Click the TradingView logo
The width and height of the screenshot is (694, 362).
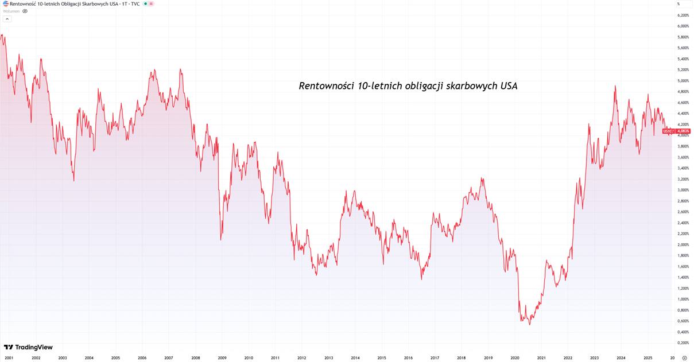(28, 347)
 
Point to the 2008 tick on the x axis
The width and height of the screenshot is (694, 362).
(195, 358)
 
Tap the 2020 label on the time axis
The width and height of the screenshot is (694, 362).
(515, 358)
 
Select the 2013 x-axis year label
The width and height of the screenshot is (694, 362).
(328, 358)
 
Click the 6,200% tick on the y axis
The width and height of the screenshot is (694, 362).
(683, 15)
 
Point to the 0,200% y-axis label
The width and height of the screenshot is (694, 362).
(683, 343)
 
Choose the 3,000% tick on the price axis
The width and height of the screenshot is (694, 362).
(683, 190)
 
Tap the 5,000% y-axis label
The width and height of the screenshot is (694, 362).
(683, 81)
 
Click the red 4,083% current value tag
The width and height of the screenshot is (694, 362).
(683, 131)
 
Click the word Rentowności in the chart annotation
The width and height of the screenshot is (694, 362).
(326, 86)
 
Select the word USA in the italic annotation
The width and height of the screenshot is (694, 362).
(509, 86)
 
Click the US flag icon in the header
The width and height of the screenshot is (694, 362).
(6, 3)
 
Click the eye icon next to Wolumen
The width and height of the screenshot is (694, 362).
(25, 11)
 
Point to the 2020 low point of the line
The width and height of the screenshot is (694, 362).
(529, 325)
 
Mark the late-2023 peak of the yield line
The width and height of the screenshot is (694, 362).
(615, 86)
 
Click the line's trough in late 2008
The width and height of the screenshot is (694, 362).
(221, 239)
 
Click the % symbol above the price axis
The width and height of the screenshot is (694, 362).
(678, 4)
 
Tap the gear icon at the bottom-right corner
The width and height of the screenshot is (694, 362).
(684, 358)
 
